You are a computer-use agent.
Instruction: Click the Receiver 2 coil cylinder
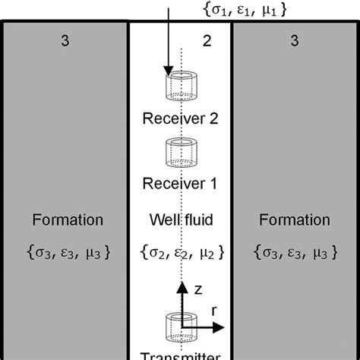[181, 87]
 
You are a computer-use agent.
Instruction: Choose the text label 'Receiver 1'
[181, 184]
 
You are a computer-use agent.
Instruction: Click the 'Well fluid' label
[181, 221]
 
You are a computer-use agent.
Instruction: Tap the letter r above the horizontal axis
[215, 311]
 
